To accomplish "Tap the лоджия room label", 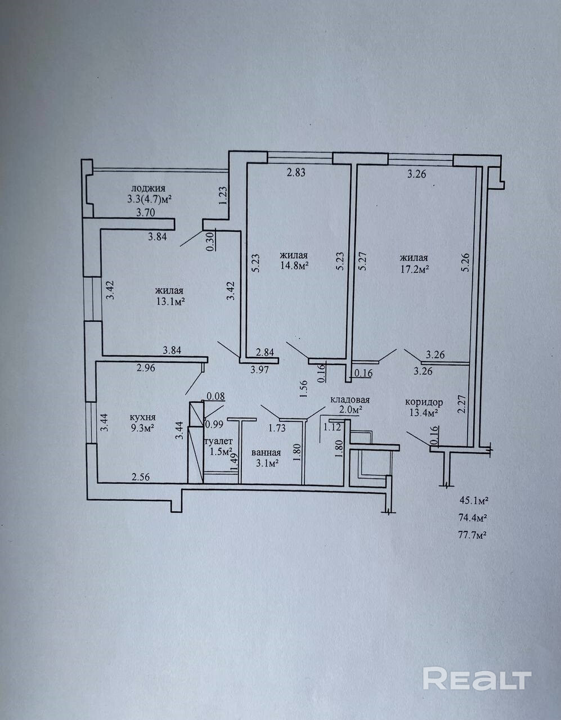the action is pos(148,189).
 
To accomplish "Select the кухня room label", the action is pos(143,417).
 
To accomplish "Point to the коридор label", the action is pos(424,403).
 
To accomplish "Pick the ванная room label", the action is pos(266,453).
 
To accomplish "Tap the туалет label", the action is pos(219,442).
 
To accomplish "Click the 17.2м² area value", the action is pos(415,269).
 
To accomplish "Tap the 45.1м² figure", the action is pos(474,510).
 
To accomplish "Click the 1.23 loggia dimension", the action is pos(223,196).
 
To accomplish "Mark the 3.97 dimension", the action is pos(259,371).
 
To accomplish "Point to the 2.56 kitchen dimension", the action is pos(141,477).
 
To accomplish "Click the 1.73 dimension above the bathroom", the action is pos(277,429).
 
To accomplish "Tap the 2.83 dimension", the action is pos(295,173).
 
